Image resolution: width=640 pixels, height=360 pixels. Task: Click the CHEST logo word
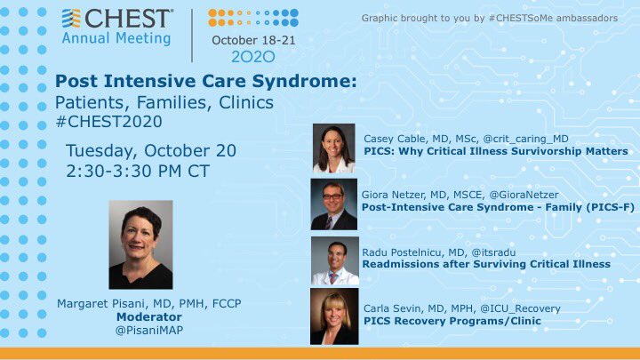pos(128,19)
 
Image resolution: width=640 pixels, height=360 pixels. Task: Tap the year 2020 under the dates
pos(253,57)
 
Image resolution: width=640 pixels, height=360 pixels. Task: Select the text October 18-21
pos(253,40)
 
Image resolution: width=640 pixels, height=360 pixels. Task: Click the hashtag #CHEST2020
pos(109,122)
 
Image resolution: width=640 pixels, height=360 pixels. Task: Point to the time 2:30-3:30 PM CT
pos(138,171)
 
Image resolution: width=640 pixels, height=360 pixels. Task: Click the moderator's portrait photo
pos(140,244)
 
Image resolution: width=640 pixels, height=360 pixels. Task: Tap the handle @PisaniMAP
pos(149,330)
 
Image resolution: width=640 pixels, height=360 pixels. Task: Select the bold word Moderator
pos(149,316)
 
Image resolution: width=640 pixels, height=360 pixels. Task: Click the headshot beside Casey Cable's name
pos(334,148)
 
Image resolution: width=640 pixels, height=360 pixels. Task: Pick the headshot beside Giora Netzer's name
pos(334,204)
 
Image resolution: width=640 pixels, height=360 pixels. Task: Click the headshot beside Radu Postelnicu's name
pos(335,260)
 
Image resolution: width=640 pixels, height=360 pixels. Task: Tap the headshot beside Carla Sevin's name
pos(334,316)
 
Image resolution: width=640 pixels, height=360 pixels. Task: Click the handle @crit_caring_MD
pos(525,140)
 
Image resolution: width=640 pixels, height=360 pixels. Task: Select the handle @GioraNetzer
pos(524,195)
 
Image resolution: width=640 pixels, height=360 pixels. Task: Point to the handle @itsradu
pos(493,252)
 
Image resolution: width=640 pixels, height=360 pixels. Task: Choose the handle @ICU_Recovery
pos(520,309)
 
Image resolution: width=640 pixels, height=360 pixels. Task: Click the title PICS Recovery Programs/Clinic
pos(452,321)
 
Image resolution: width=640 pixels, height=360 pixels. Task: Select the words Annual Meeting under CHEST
pos(116,38)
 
